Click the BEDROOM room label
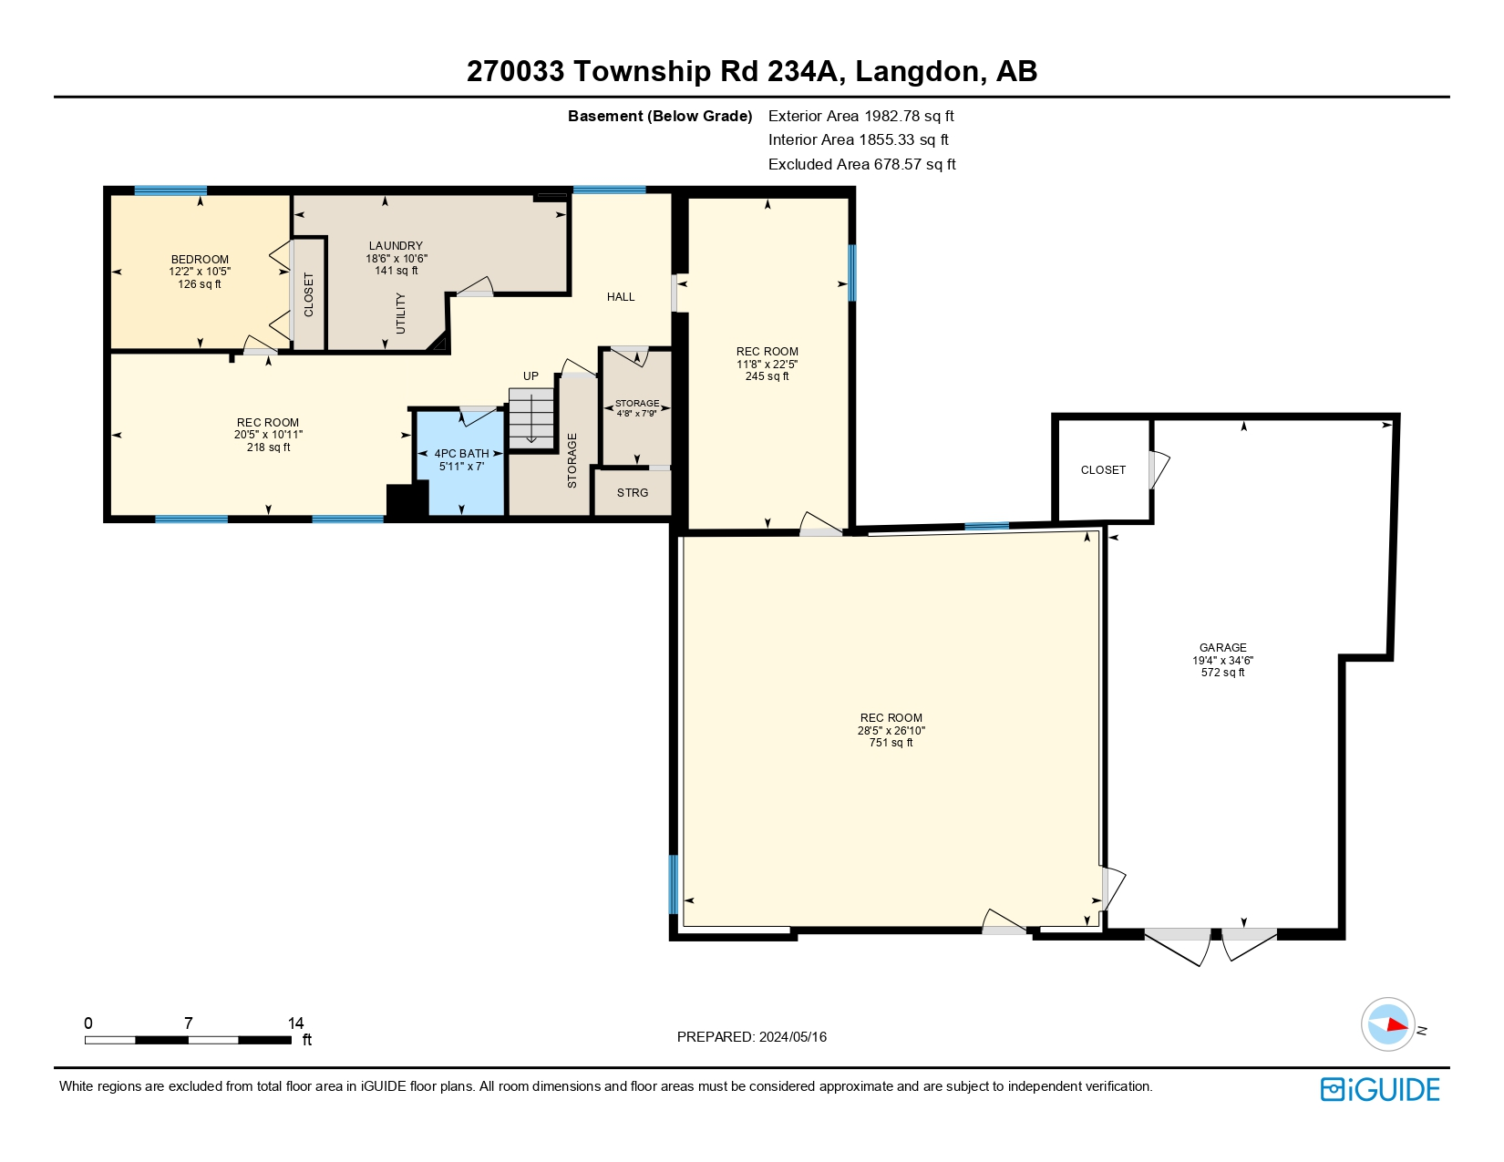pos(200,260)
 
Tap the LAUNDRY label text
pos(396,246)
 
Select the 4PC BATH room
pos(461,459)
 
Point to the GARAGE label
pos(1222,648)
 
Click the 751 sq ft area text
pos(891,743)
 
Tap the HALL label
pos(621,297)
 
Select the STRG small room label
pos(633,493)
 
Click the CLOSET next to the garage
pos(1103,470)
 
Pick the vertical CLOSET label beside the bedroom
pos(308,294)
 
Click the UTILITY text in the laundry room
pos(401,314)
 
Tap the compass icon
pos(1387,1024)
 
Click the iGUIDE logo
pos(1380,1089)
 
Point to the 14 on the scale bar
pos(295,1023)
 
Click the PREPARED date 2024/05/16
pos(792,1037)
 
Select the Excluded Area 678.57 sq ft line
pos(861,164)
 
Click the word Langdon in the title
pos(920,71)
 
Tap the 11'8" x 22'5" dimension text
pos(767,365)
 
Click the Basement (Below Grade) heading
pos(660,116)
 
